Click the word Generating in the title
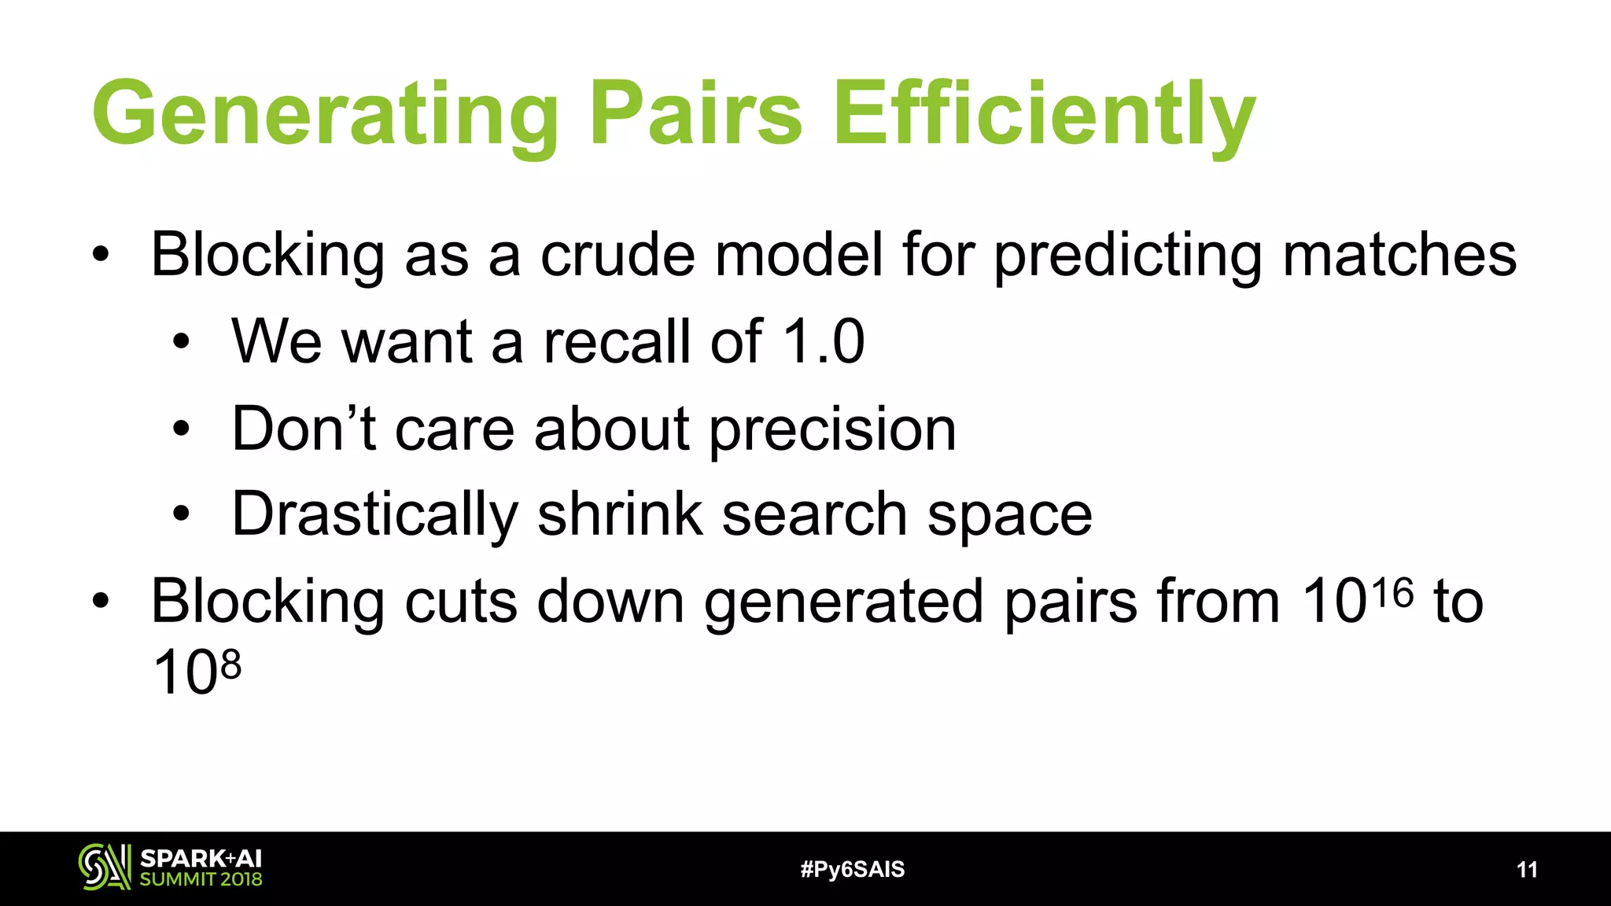tap(325, 114)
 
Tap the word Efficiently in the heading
tap(1043, 114)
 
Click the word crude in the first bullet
tap(617, 256)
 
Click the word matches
tap(1399, 256)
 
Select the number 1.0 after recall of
tap(824, 341)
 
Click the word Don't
tap(304, 429)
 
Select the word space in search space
tap(1009, 516)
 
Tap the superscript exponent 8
tap(230, 665)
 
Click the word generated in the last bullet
tap(843, 602)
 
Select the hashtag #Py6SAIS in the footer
tap(852, 869)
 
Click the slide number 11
tap(1526, 869)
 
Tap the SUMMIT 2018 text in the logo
tap(201, 879)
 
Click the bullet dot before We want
tap(182, 342)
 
